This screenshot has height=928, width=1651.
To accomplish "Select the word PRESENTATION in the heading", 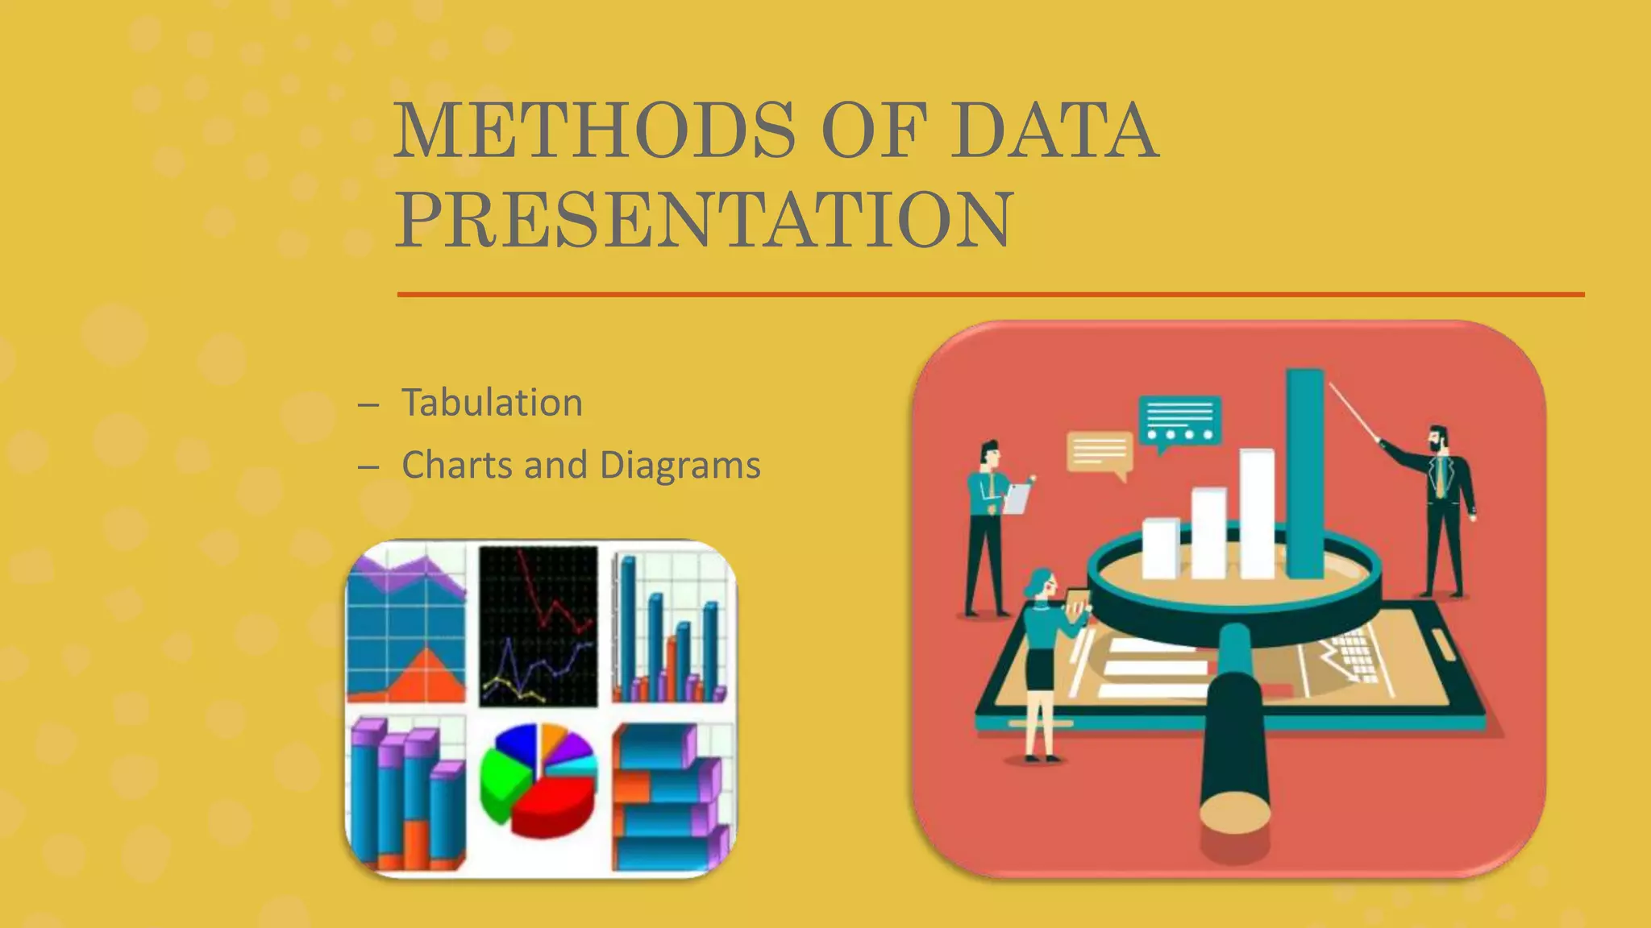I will [x=703, y=219].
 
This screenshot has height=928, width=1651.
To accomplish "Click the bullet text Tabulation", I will [x=492, y=403].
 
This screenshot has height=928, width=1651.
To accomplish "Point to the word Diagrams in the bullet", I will [x=680, y=466].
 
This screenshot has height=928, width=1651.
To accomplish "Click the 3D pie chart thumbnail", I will [x=539, y=780].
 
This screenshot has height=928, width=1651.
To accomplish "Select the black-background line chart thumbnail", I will [x=539, y=626].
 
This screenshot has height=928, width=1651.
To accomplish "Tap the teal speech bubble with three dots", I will [x=1179, y=421].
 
